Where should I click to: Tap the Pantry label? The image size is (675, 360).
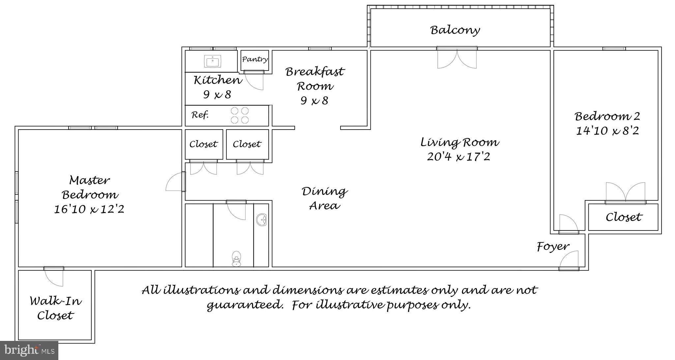[x=255, y=59]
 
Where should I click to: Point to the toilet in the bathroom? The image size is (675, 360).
[x=236, y=258]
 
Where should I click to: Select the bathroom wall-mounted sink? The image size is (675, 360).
[x=262, y=220]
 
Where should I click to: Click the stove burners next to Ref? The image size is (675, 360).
[x=240, y=115]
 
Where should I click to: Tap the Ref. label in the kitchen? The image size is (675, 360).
[x=200, y=115]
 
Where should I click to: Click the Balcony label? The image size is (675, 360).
[x=455, y=30]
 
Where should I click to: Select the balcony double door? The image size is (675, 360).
[x=457, y=59]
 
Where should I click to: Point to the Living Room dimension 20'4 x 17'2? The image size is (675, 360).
[x=458, y=157]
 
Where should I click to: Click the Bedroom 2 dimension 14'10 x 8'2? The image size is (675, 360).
[x=607, y=131]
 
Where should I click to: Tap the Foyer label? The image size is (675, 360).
[x=553, y=247]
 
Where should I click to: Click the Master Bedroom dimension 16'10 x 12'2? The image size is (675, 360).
[x=89, y=209]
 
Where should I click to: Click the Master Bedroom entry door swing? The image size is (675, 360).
[x=175, y=182]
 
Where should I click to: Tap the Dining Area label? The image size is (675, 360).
[x=325, y=198]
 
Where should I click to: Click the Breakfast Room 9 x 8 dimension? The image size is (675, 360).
[x=314, y=100]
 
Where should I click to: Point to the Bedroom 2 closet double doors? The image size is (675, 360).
[x=625, y=192]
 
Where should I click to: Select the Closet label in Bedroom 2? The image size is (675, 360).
[x=624, y=217]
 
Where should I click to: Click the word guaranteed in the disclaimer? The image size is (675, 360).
[x=245, y=305]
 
